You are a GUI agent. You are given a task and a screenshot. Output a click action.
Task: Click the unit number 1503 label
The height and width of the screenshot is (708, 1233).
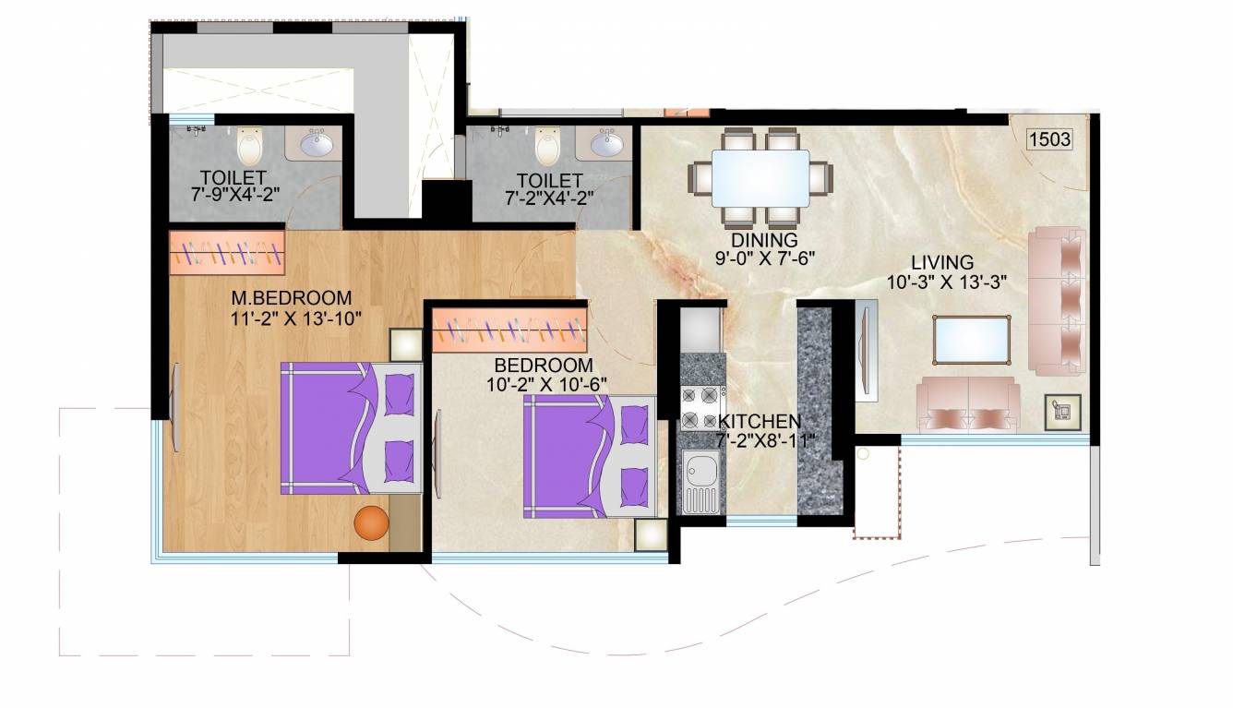(1049, 139)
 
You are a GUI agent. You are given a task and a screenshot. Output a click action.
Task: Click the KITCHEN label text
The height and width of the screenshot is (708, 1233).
(760, 422)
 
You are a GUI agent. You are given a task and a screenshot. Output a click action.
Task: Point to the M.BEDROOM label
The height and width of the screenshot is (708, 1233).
(292, 298)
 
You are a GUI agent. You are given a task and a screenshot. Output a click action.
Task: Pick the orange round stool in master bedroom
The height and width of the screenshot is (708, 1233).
(372, 522)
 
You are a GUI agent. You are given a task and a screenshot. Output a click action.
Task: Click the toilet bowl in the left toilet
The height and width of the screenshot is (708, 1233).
(249, 147)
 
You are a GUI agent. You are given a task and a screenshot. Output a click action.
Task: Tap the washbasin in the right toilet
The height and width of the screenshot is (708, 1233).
(606, 145)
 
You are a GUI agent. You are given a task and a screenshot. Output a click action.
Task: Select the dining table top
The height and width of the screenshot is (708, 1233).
(761, 178)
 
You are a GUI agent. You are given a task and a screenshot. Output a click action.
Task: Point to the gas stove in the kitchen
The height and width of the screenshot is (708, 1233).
(700, 406)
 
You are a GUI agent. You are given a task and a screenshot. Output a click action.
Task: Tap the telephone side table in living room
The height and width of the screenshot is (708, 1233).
(1062, 411)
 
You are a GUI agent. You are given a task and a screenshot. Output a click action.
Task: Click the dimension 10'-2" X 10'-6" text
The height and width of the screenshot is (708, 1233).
(546, 383)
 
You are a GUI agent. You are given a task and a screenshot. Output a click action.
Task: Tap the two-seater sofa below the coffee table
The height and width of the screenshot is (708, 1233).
(968, 406)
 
